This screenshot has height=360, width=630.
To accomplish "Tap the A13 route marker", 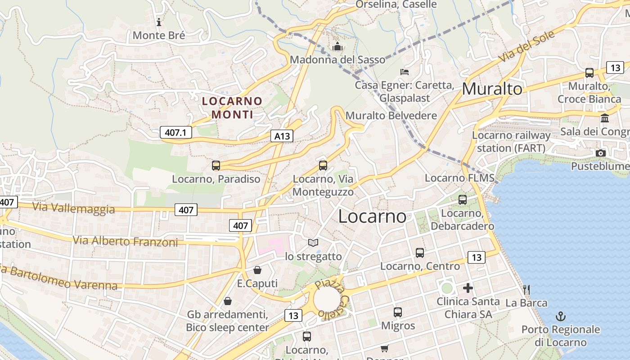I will [282, 136].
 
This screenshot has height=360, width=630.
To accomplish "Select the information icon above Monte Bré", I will [158, 22].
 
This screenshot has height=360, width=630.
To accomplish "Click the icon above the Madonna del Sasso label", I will [337, 46].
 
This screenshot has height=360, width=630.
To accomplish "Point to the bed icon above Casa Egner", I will [405, 72].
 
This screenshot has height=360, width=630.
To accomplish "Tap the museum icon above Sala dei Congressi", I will [605, 118].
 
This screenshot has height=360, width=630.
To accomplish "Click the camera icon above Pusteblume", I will [600, 153].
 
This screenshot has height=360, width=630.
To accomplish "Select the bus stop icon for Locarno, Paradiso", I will [216, 166].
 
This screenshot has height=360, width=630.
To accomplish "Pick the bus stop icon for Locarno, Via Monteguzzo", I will [323, 165].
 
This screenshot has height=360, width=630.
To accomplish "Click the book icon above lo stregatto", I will [313, 243].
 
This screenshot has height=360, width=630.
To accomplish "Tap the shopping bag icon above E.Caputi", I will [257, 270].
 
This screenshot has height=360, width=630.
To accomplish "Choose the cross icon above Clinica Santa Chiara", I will [468, 288].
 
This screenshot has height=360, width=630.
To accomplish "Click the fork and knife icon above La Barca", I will [526, 289].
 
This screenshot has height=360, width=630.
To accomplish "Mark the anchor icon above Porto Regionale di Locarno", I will [561, 316].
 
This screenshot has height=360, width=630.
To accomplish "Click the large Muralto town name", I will [492, 89].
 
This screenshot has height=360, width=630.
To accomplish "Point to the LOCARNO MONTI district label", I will [232, 108].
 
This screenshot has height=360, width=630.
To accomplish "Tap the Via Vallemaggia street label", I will [73, 208].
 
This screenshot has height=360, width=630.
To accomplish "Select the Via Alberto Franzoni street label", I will [126, 241].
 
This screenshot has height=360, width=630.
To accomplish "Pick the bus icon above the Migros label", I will [398, 312].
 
